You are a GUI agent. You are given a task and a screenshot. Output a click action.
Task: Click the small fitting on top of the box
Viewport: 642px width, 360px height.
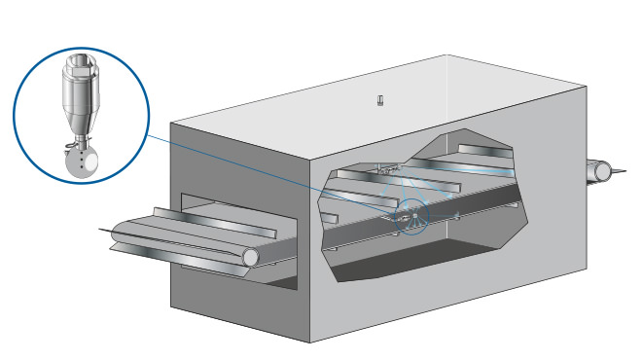click(x=380, y=100)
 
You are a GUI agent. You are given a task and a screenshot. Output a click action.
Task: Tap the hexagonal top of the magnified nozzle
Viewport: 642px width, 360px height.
click(x=79, y=70)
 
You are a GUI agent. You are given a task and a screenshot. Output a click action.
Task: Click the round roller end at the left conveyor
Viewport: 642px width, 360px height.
click(x=252, y=256)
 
